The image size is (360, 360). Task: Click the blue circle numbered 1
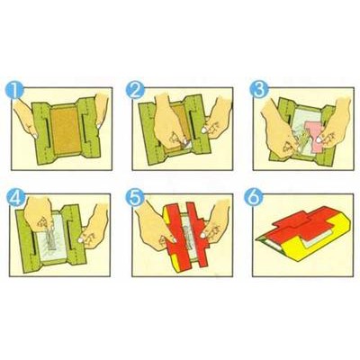pos(15,90)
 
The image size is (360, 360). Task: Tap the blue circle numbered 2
pos(135,90)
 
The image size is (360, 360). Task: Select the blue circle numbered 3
pos(260,90)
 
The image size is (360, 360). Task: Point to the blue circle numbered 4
pos(15,197)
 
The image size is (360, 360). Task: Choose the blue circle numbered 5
pos(135,197)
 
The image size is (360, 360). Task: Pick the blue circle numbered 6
pos(254,197)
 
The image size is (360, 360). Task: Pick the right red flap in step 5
pos(198,236)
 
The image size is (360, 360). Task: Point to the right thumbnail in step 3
pos(319,139)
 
